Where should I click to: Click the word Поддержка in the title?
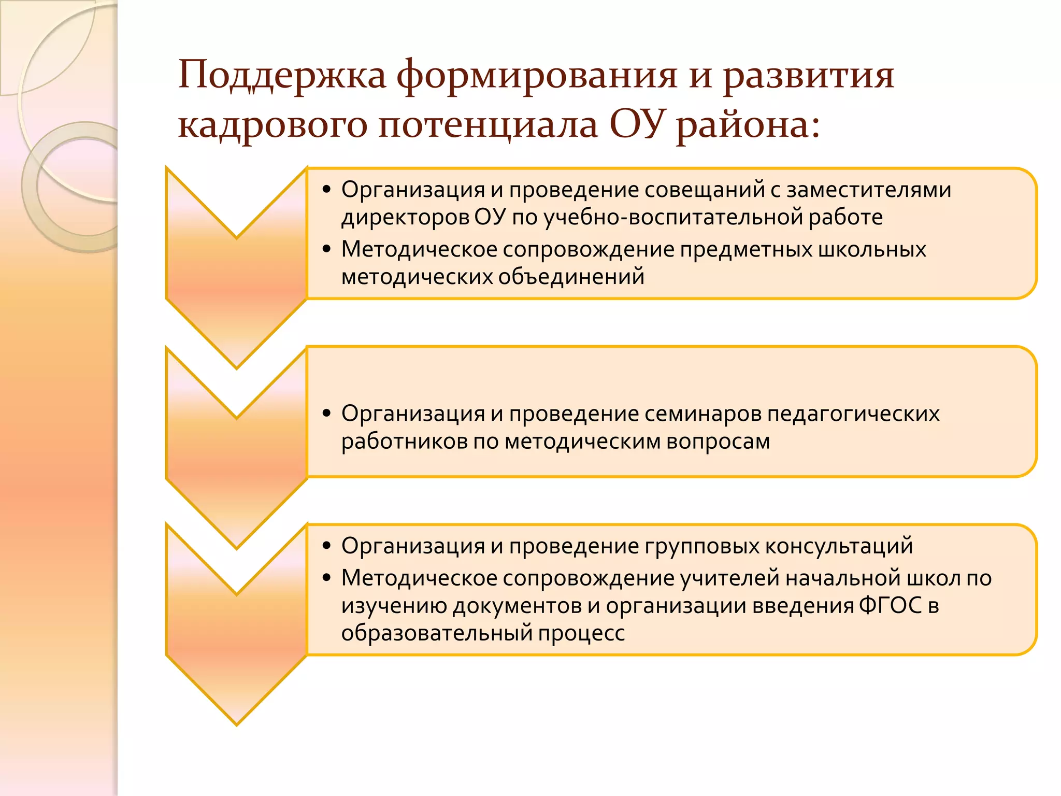coord(282,76)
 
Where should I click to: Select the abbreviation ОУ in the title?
coord(636,124)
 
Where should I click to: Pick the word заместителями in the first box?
coord(869,190)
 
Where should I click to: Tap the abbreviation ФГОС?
coord(891,605)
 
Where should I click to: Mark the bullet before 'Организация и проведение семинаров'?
coord(326,414)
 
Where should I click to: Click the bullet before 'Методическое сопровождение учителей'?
coord(326,578)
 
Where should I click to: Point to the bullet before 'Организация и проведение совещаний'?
coord(326,190)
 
